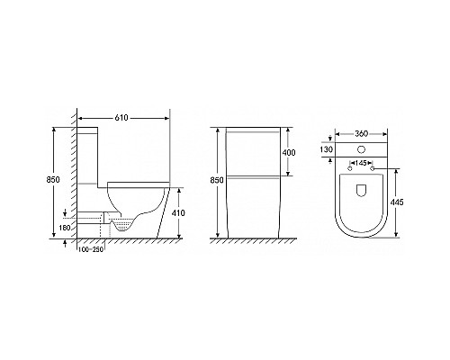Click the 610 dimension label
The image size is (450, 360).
click(x=121, y=118)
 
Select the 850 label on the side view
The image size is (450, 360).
click(x=53, y=180)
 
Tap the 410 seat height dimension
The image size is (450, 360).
click(x=178, y=213)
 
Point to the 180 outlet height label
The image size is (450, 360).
click(x=65, y=228)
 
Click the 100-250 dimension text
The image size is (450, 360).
click(x=91, y=249)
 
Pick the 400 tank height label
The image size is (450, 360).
click(x=289, y=152)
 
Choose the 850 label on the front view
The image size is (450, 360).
click(x=217, y=180)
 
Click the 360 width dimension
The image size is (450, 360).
click(x=361, y=134)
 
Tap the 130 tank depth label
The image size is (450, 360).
click(x=326, y=149)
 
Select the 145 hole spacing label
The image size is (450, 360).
click(x=361, y=163)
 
